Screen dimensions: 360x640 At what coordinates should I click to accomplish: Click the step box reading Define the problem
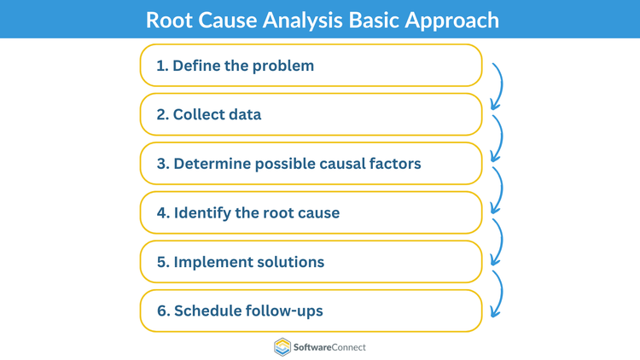(311, 66)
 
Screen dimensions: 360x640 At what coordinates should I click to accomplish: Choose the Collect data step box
(311, 114)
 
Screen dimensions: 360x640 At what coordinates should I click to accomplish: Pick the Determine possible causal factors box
(311, 163)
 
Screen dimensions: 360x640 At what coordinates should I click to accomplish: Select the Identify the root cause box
(311, 212)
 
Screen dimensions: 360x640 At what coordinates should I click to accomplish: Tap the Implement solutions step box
(311, 262)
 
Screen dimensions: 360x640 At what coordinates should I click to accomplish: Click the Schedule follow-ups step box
(311, 311)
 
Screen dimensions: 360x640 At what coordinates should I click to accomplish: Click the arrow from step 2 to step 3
(497, 136)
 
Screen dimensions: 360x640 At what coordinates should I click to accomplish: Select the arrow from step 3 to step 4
(497, 186)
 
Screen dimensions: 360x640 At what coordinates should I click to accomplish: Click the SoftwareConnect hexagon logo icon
(282, 346)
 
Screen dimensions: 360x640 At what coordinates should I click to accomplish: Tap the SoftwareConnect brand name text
(330, 347)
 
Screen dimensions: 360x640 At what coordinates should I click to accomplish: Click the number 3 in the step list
(161, 164)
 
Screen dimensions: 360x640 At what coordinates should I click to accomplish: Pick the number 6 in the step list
(161, 311)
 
